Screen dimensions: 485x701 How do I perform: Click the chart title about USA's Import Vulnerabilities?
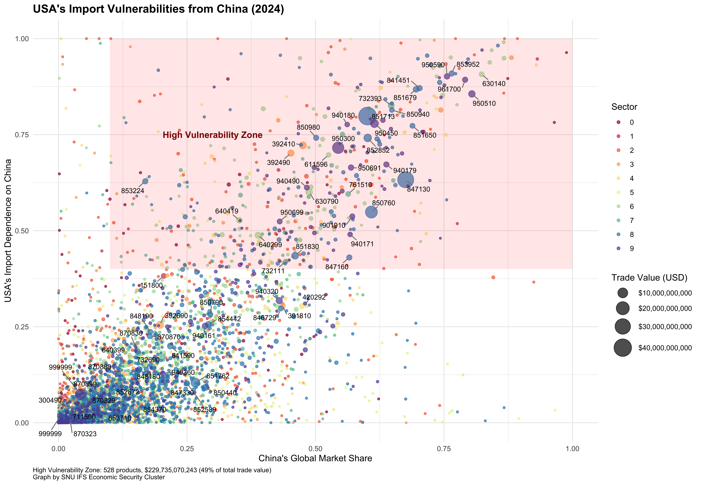pos(158,9)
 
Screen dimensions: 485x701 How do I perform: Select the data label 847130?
pos(419,189)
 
